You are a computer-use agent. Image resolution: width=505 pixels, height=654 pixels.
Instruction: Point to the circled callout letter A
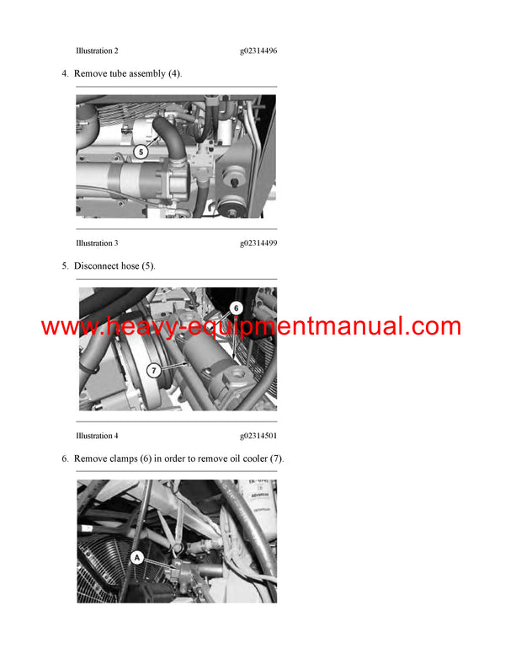(x=136, y=556)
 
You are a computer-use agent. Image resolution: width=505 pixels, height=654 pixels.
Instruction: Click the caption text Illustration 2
(x=97, y=51)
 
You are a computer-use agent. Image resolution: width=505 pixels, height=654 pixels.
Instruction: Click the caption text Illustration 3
(x=97, y=244)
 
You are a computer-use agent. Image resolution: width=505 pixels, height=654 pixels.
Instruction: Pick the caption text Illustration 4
(x=97, y=436)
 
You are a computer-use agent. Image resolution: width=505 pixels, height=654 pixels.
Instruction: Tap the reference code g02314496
(x=258, y=51)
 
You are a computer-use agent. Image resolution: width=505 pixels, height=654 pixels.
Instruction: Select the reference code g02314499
(x=258, y=244)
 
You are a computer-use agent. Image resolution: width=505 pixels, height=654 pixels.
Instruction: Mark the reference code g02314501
(x=258, y=436)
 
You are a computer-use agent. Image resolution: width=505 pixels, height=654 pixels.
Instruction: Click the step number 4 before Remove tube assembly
(x=65, y=73)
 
